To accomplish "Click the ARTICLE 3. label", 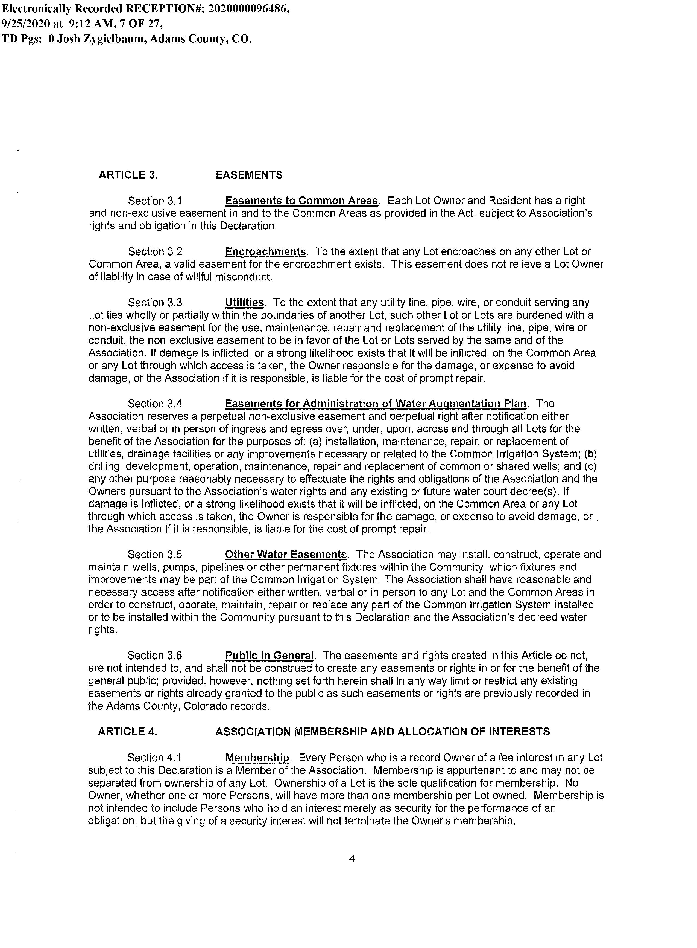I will click(128, 175).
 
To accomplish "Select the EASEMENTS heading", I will click(249, 175).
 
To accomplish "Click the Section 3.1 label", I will click(155, 201).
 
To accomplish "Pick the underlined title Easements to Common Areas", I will click(301, 201).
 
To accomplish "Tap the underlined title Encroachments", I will click(265, 252).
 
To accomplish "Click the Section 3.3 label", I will click(155, 303).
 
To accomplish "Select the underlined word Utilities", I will click(244, 303).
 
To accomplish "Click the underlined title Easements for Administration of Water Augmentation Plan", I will click(376, 404).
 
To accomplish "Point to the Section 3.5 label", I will click(154, 555).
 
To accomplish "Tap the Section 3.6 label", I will click(154, 656).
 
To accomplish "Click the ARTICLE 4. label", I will click(127, 732).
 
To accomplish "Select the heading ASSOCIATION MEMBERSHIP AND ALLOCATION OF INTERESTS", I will click(382, 732).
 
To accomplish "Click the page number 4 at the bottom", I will click(352, 859).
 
